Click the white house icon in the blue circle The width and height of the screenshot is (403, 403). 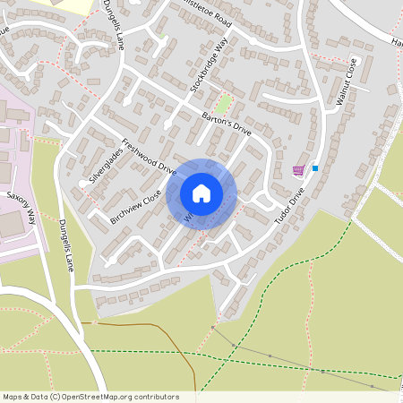pos(201,193)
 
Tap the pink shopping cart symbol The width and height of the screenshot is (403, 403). pos(298,170)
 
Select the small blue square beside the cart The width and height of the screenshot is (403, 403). pos(315,167)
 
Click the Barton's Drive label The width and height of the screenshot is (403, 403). pos(226,124)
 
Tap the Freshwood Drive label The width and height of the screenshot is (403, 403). pos(150,153)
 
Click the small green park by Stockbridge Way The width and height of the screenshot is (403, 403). pos(223,104)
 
